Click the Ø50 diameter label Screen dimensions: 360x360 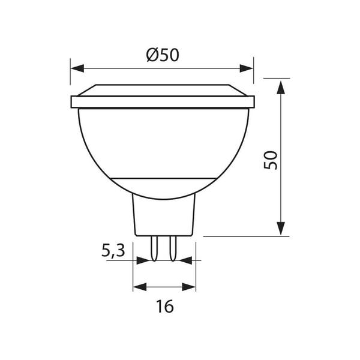(163, 55)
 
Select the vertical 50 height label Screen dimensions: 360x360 (271, 160)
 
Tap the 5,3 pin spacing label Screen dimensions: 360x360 (113, 251)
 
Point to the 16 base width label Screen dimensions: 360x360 (164, 306)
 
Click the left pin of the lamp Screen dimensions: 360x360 (154, 248)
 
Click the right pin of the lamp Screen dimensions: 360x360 (173, 248)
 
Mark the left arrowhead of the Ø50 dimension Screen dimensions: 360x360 (77, 68)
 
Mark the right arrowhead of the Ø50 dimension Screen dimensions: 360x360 (246, 68)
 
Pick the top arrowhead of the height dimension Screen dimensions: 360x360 (281, 87)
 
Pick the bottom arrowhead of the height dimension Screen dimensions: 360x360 (281, 229)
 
